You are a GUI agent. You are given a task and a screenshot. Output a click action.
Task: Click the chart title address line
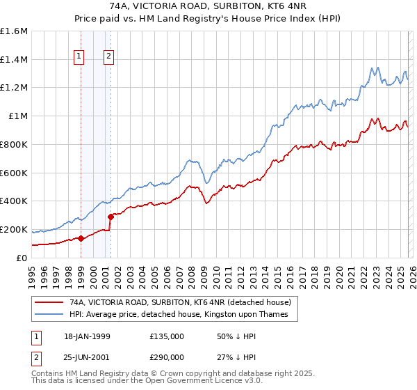tap(208, 6)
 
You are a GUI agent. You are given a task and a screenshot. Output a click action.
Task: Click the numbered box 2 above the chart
tap(109, 57)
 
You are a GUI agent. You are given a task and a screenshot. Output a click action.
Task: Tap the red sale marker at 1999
tap(81, 238)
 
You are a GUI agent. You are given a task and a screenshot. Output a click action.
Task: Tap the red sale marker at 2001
tap(111, 216)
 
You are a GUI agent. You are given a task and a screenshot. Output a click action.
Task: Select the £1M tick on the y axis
tap(18, 116)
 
